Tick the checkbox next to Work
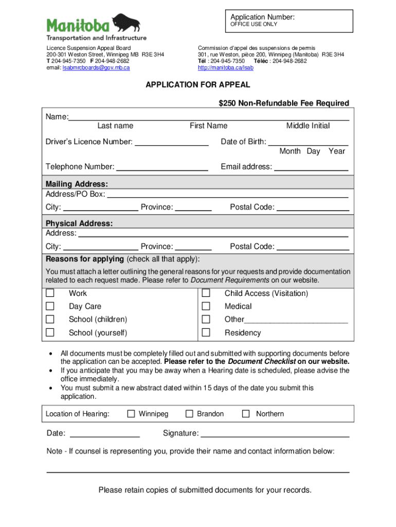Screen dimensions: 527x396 pos(50,293)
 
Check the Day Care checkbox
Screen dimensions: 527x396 pos(50,306)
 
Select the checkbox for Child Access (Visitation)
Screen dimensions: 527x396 pos(206,293)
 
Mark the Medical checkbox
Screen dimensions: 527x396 pos(206,306)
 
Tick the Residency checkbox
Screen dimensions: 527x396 pos(206,332)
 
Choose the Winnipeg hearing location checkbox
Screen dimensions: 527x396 pos(131,414)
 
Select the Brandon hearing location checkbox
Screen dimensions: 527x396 pos(189,414)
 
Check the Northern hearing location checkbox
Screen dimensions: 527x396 pos(246,414)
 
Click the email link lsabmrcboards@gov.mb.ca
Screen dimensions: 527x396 pos(96,68)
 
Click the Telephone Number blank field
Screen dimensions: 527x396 pos(162,167)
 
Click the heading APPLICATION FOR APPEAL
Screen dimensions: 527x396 pos(198,85)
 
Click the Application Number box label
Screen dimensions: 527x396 pos(262,17)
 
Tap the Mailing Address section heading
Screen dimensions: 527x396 pos(77,184)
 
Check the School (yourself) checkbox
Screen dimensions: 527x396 pos(50,332)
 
